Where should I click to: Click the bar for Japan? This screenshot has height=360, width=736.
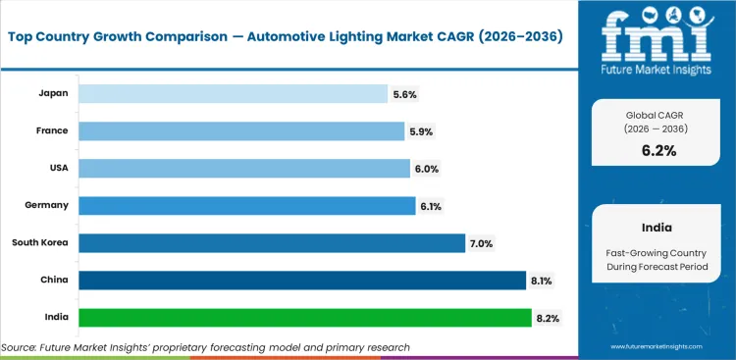click(233, 93)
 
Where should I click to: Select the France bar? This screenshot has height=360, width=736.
click(241, 130)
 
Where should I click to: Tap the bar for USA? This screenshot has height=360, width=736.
click(243, 169)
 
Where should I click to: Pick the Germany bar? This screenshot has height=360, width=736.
click(246, 206)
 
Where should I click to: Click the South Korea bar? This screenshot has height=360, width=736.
click(272, 243)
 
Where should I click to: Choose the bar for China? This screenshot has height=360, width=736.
click(302, 281)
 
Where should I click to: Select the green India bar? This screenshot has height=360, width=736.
click(305, 318)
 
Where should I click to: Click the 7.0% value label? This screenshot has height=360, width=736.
click(482, 243)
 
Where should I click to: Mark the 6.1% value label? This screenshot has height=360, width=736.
click(433, 206)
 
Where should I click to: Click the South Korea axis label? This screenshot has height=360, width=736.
click(40, 242)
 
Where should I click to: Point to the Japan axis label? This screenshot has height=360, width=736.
click(53, 93)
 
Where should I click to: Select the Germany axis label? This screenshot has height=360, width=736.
click(46, 205)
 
